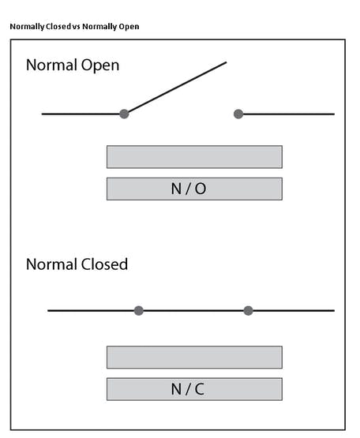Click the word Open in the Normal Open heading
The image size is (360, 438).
100,66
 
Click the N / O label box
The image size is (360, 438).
194,189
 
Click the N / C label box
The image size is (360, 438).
194,389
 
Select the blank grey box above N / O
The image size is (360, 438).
194,157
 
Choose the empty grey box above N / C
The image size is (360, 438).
194,358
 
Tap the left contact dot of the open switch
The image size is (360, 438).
124,114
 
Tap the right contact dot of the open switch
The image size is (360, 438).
238,114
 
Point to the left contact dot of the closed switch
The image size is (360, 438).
139,311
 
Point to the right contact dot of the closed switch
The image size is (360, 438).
248,311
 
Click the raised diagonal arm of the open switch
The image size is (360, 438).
177,88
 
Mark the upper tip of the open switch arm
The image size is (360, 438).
226,62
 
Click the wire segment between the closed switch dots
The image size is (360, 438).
193,311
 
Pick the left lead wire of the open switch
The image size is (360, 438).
81,114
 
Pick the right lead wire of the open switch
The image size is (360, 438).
288,114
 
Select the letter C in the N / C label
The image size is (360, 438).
200,389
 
